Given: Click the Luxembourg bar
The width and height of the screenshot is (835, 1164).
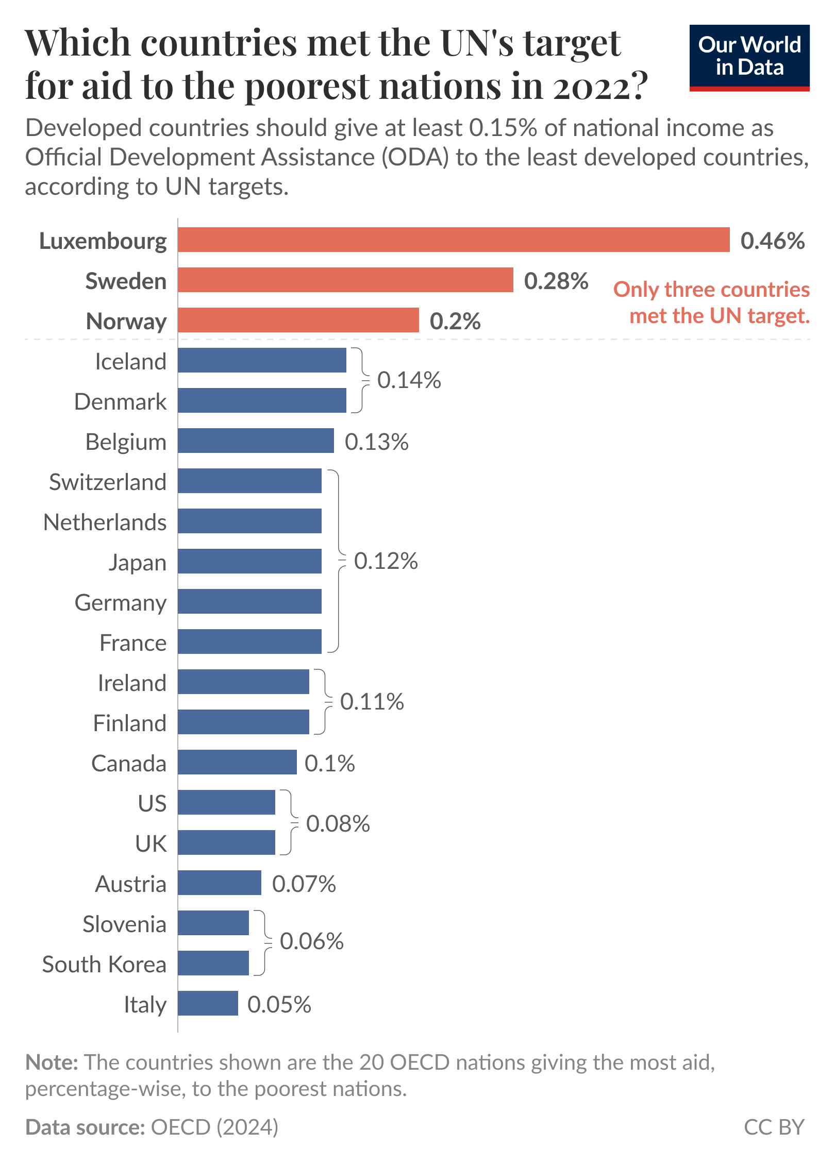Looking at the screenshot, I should (x=454, y=240).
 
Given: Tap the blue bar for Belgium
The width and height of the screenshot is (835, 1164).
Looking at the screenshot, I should (x=256, y=441).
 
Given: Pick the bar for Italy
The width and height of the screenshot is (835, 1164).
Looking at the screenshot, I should (x=208, y=1003).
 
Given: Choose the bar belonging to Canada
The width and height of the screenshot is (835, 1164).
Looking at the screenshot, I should (x=237, y=762).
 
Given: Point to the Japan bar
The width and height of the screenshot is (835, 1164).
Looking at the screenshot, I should (x=249, y=561).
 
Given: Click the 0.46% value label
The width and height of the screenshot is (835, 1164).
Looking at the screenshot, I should (x=772, y=241).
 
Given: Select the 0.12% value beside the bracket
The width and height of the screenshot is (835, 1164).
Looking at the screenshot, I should (x=386, y=561).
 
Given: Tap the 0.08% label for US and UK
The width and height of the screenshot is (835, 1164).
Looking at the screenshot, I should (x=338, y=823).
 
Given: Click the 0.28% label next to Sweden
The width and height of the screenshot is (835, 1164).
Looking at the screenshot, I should (x=556, y=281).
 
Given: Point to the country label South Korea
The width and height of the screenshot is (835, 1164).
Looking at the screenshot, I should (x=104, y=964).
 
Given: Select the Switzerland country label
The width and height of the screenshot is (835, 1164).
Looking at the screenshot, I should (x=107, y=482).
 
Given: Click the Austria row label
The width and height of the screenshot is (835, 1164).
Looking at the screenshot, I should (x=130, y=884).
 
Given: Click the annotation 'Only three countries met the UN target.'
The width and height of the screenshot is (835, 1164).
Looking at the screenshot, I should (x=711, y=302).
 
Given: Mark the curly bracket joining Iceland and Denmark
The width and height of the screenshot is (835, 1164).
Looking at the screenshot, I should (x=361, y=380).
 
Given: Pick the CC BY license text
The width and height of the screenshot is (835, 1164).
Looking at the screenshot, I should (x=774, y=1127).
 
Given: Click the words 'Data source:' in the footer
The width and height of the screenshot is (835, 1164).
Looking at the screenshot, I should (x=85, y=1127).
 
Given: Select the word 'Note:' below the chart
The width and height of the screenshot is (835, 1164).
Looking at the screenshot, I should (x=52, y=1062).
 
